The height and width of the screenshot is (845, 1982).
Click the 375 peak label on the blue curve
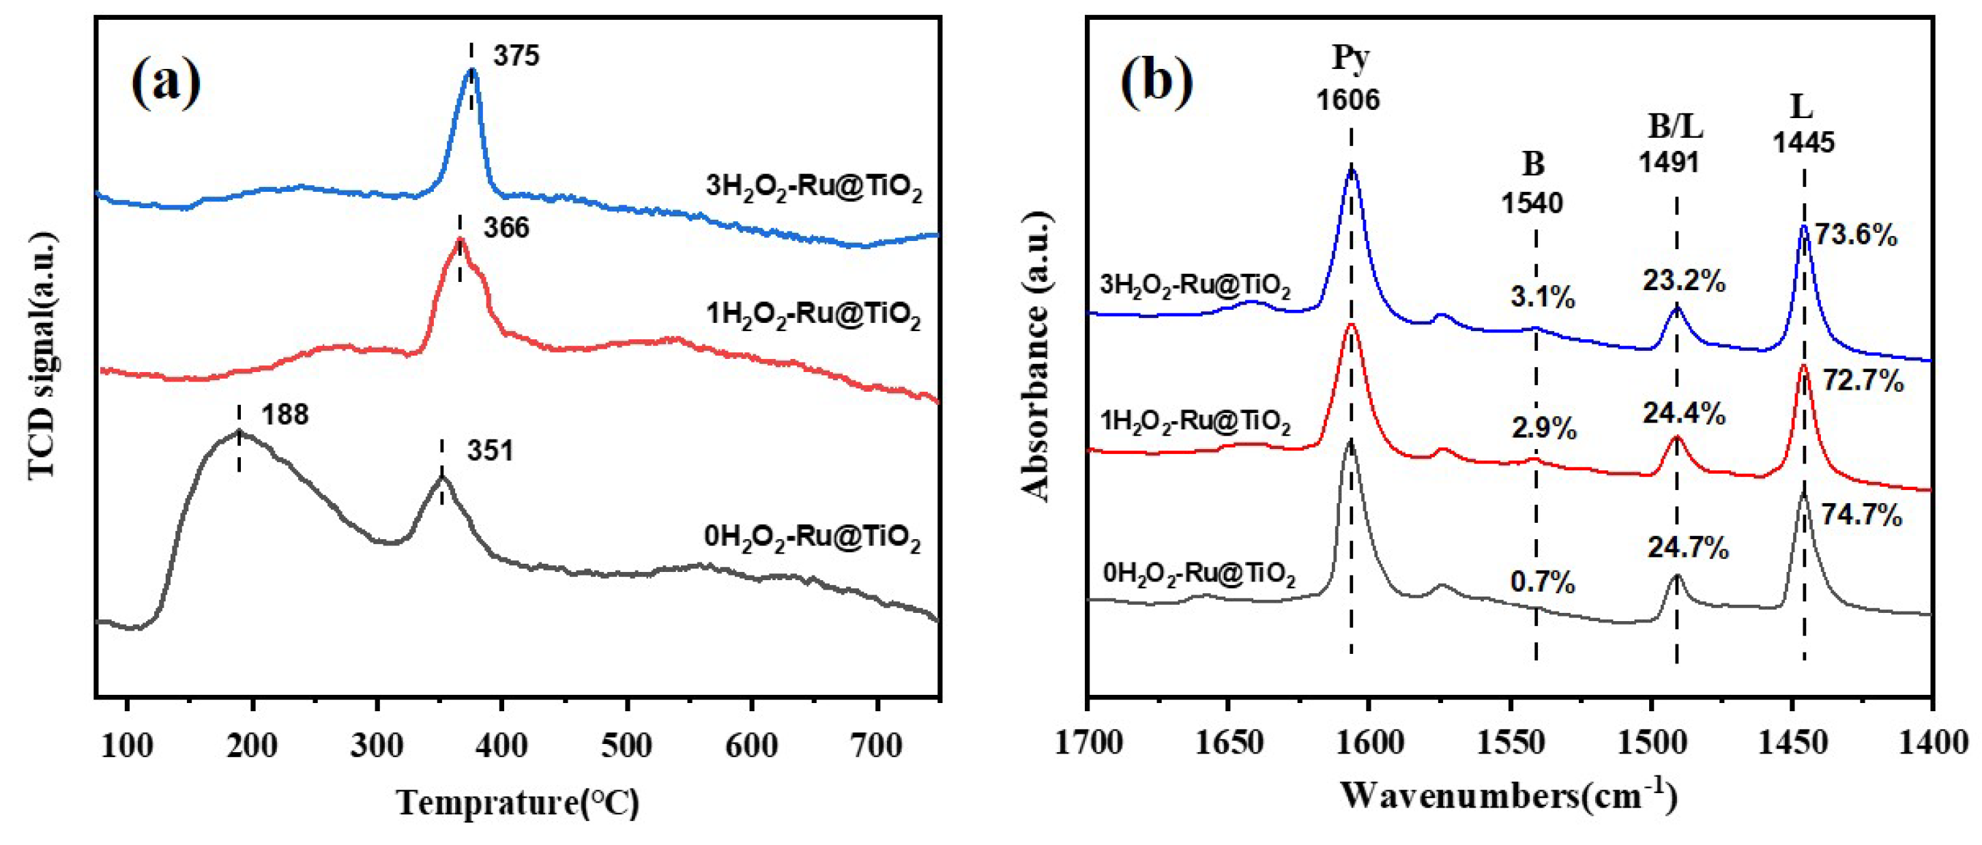tap(516, 56)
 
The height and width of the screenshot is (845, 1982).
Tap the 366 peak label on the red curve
tap(506, 228)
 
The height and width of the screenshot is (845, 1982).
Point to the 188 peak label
tap(285, 415)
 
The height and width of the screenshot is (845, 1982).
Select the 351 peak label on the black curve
tap(489, 451)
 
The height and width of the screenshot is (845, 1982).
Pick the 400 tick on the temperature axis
tap(502, 746)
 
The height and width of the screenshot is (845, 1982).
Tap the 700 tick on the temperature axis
tap(878, 746)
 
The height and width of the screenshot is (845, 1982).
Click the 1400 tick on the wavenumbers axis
tap(1932, 743)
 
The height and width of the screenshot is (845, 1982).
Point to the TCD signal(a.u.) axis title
tap(43, 356)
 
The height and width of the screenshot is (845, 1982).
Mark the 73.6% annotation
tap(1856, 235)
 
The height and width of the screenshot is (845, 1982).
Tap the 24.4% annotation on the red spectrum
tap(1685, 415)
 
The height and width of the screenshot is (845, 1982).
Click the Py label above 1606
tap(1351, 57)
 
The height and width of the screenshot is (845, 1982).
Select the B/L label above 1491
tap(1675, 126)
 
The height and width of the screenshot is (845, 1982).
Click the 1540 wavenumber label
tap(1532, 203)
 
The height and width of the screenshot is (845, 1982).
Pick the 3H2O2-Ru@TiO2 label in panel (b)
tap(1195, 285)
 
